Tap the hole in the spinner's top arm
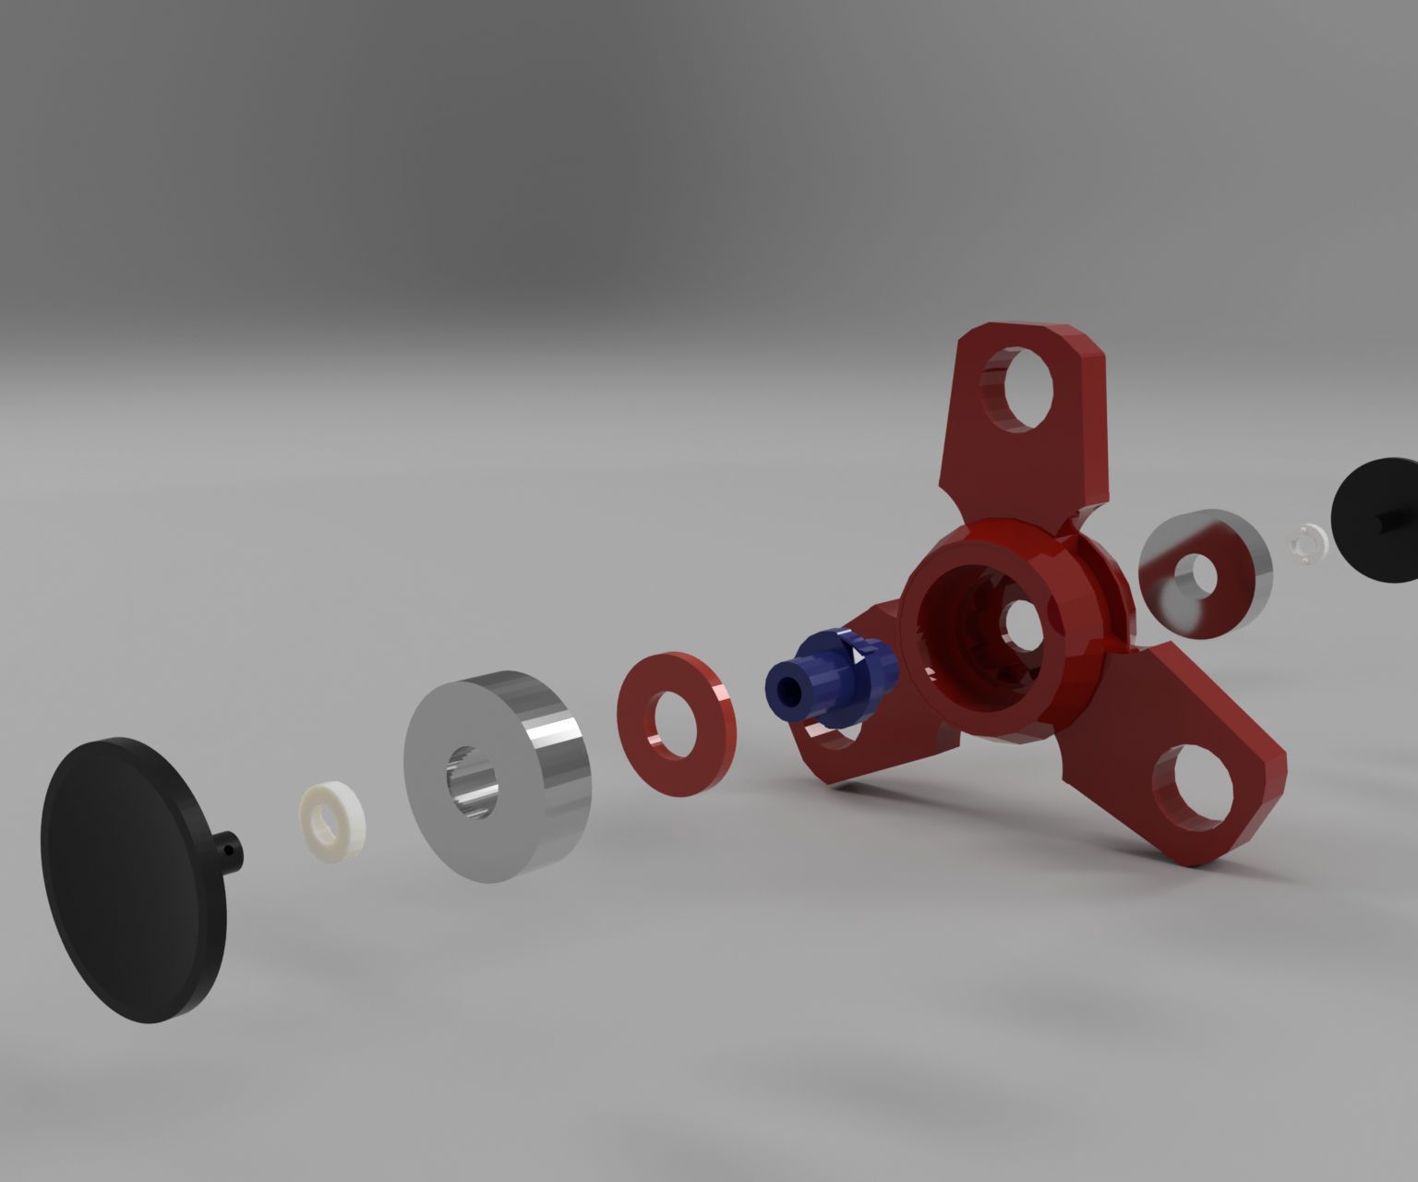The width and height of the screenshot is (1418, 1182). [1018, 387]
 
